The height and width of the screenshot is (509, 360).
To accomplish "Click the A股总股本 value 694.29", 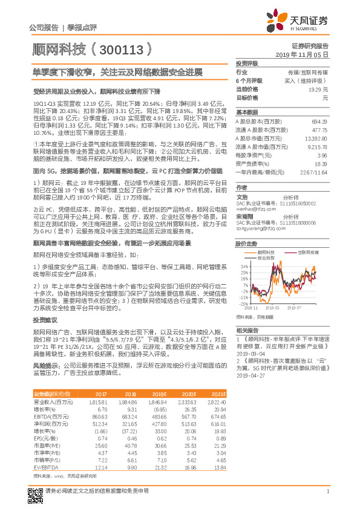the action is click(319, 122).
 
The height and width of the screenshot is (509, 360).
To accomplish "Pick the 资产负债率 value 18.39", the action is click(321, 164).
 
